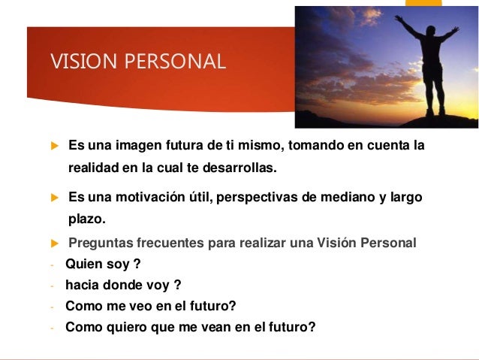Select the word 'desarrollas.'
tap(239, 167)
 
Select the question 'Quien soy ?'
tap(103, 264)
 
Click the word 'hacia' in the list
tap(82, 285)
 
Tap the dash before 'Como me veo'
tap(52, 307)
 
